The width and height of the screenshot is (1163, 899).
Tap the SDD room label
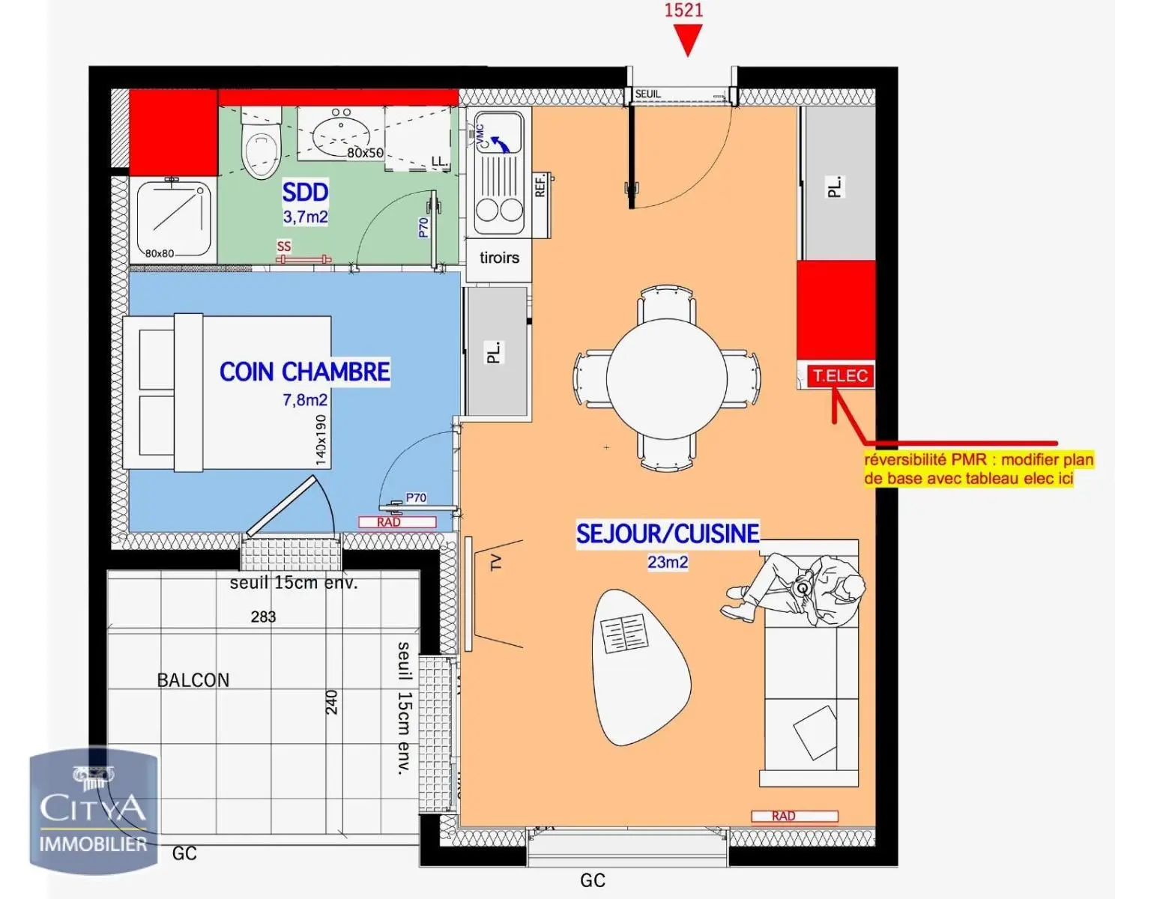[305, 193]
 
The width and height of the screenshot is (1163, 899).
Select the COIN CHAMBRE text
[304, 372]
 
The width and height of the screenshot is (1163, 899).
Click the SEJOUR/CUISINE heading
[668, 533]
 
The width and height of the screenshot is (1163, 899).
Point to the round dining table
[666, 378]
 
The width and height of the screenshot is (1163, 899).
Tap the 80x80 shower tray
[173, 220]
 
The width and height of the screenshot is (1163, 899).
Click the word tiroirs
[499, 258]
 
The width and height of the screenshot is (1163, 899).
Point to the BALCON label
[193, 680]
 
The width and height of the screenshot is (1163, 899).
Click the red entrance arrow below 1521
[687, 41]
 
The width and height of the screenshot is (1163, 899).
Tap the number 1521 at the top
[683, 10]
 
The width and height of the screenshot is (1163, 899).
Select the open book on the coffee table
[624, 634]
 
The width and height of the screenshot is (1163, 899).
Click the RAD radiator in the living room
[795, 816]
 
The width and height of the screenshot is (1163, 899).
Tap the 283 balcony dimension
[263, 617]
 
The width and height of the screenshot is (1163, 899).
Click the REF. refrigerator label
[540, 184]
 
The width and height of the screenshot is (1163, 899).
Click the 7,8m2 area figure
[305, 399]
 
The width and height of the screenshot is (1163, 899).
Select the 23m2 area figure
[668, 562]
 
